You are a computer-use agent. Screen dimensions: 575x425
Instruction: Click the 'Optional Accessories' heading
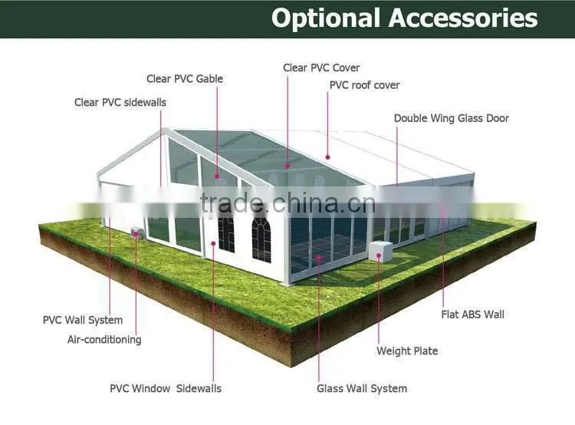[x=405, y=18]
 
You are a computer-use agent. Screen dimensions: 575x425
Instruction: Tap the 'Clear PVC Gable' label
[x=185, y=79]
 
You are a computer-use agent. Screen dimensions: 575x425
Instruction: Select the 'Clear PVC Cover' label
[x=321, y=68]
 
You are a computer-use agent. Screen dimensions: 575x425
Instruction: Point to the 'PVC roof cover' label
[x=364, y=85]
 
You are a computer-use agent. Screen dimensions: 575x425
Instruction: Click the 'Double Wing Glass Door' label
[x=452, y=118]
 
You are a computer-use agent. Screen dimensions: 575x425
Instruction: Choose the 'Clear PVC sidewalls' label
[x=120, y=102]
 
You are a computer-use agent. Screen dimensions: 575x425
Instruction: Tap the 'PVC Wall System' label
[x=83, y=320]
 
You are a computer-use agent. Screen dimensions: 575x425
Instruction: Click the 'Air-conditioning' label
[x=104, y=340]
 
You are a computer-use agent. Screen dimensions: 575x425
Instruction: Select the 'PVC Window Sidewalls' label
[x=166, y=389]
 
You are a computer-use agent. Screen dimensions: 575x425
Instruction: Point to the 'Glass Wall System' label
[x=362, y=389]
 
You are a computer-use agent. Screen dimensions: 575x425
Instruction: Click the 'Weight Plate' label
[x=407, y=351]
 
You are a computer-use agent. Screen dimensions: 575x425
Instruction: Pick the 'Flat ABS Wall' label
[x=473, y=315]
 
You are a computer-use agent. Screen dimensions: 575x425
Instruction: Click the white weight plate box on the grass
[x=380, y=252]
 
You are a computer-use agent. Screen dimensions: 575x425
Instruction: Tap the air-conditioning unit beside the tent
[x=137, y=233]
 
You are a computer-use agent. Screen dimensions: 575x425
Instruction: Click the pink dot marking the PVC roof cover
[x=328, y=157]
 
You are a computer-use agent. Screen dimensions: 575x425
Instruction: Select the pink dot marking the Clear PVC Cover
[x=287, y=166]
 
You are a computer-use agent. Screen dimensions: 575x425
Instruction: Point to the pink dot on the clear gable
[x=217, y=176]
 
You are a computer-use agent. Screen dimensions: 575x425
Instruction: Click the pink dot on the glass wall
[x=319, y=258]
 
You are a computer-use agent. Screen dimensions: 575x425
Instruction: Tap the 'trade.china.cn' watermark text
[x=287, y=203]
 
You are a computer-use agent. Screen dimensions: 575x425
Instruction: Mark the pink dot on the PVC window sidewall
[x=213, y=243]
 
